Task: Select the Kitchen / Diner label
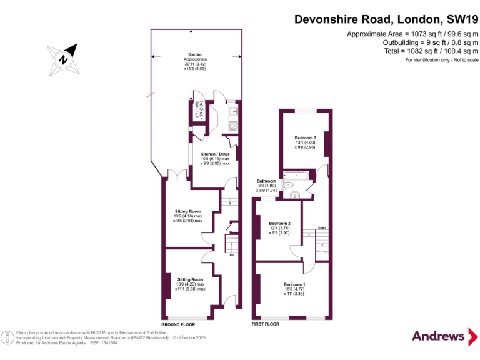(214, 153)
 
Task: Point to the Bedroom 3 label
(306, 137)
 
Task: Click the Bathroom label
(267, 181)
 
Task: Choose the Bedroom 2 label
(279, 223)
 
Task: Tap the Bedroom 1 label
(294, 284)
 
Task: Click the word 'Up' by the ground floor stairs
(232, 255)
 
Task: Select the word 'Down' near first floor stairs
(322, 227)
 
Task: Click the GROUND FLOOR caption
(178, 325)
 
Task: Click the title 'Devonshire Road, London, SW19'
(386, 20)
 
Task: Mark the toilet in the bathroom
(288, 186)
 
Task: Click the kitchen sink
(232, 111)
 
